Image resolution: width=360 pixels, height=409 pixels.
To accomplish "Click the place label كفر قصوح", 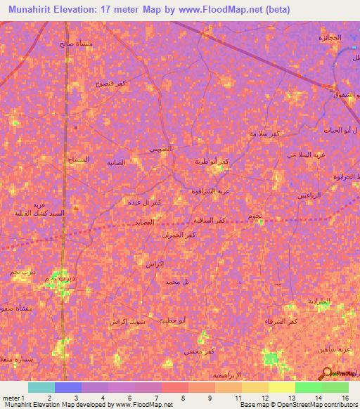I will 111,82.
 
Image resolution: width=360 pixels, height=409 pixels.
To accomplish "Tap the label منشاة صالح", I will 75,42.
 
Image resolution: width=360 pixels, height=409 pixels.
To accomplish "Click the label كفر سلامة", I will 266,133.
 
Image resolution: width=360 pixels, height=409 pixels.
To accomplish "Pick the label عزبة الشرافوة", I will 211,190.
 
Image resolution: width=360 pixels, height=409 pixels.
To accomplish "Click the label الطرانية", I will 319,301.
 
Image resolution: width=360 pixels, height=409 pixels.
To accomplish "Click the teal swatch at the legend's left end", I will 41,387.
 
